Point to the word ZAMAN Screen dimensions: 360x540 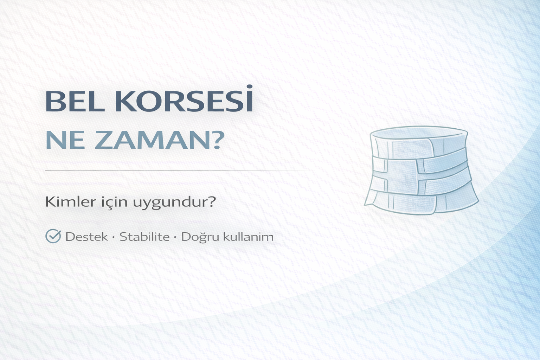tap(148, 141)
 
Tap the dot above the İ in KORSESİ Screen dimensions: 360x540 tap(249, 86)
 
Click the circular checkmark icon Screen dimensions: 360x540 tap(53, 236)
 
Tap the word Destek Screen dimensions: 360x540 tap(86, 237)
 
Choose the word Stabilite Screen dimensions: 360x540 tap(144, 237)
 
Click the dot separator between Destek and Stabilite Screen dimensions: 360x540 tap(114, 237)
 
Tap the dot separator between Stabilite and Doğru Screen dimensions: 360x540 tap(175, 237)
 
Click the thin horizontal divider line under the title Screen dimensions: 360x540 tap(176, 171)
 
